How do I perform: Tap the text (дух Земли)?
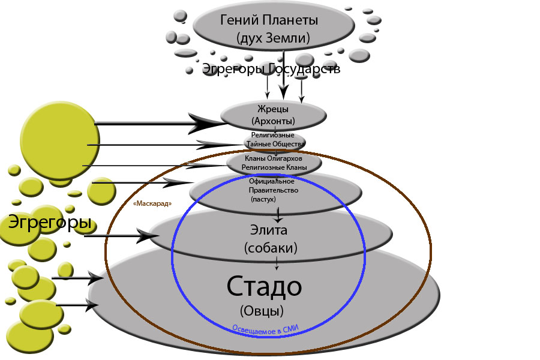click(273, 39)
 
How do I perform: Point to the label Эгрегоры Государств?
click(271, 69)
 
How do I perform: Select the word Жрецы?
click(274, 109)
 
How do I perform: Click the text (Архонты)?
click(274, 121)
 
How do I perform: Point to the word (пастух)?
click(262, 199)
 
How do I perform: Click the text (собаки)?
click(271, 247)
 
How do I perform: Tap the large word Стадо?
click(264, 287)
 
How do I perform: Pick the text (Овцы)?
click(262, 311)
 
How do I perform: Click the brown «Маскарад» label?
click(152, 204)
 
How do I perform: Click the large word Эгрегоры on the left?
click(50, 223)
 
